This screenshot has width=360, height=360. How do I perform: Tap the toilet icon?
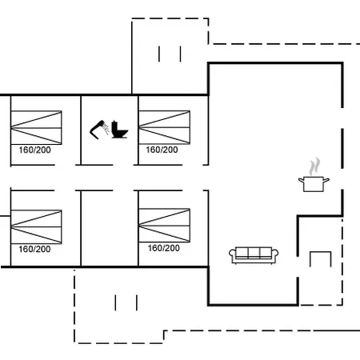[x=119, y=130]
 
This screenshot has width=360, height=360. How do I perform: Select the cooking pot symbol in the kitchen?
[x=314, y=184]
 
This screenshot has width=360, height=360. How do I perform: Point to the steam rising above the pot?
[x=314, y=166]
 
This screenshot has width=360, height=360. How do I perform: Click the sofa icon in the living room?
[x=254, y=255]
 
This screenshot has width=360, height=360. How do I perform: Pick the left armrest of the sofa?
[x=232, y=254]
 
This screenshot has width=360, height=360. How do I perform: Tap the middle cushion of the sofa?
[x=254, y=253]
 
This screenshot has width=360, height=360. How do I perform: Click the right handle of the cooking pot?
[x=326, y=180]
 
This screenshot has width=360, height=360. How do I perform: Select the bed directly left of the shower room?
[x=36, y=128]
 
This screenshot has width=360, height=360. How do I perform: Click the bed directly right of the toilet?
[x=164, y=127]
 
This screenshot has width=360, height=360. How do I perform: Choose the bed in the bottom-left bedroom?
[x=36, y=227]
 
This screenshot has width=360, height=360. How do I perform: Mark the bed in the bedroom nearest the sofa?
[x=164, y=226]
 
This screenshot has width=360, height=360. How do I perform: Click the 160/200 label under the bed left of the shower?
[x=34, y=150]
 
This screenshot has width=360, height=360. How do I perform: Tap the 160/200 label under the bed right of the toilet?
[x=162, y=150]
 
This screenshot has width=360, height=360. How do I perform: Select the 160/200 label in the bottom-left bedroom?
[x=34, y=249]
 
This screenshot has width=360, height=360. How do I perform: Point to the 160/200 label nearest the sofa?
[x=164, y=248]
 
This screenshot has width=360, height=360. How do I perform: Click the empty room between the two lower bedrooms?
[x=110, y=228]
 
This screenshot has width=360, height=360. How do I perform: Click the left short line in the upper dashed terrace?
[x=159, y=54]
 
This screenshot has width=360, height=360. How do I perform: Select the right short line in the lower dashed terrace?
[x=137, y=302]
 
